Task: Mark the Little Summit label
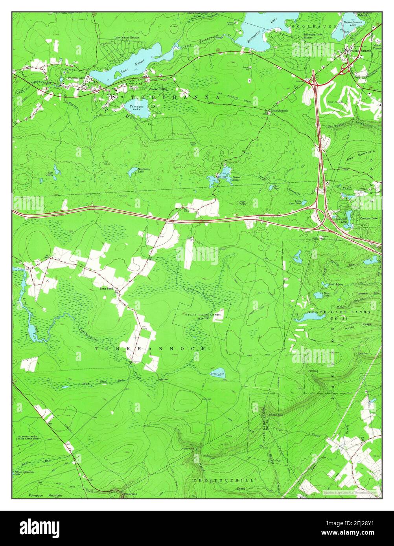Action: (278, 111)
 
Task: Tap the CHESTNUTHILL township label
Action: (223, 480)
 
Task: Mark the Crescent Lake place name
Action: (368, 218)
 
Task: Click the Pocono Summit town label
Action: (361, 51)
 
